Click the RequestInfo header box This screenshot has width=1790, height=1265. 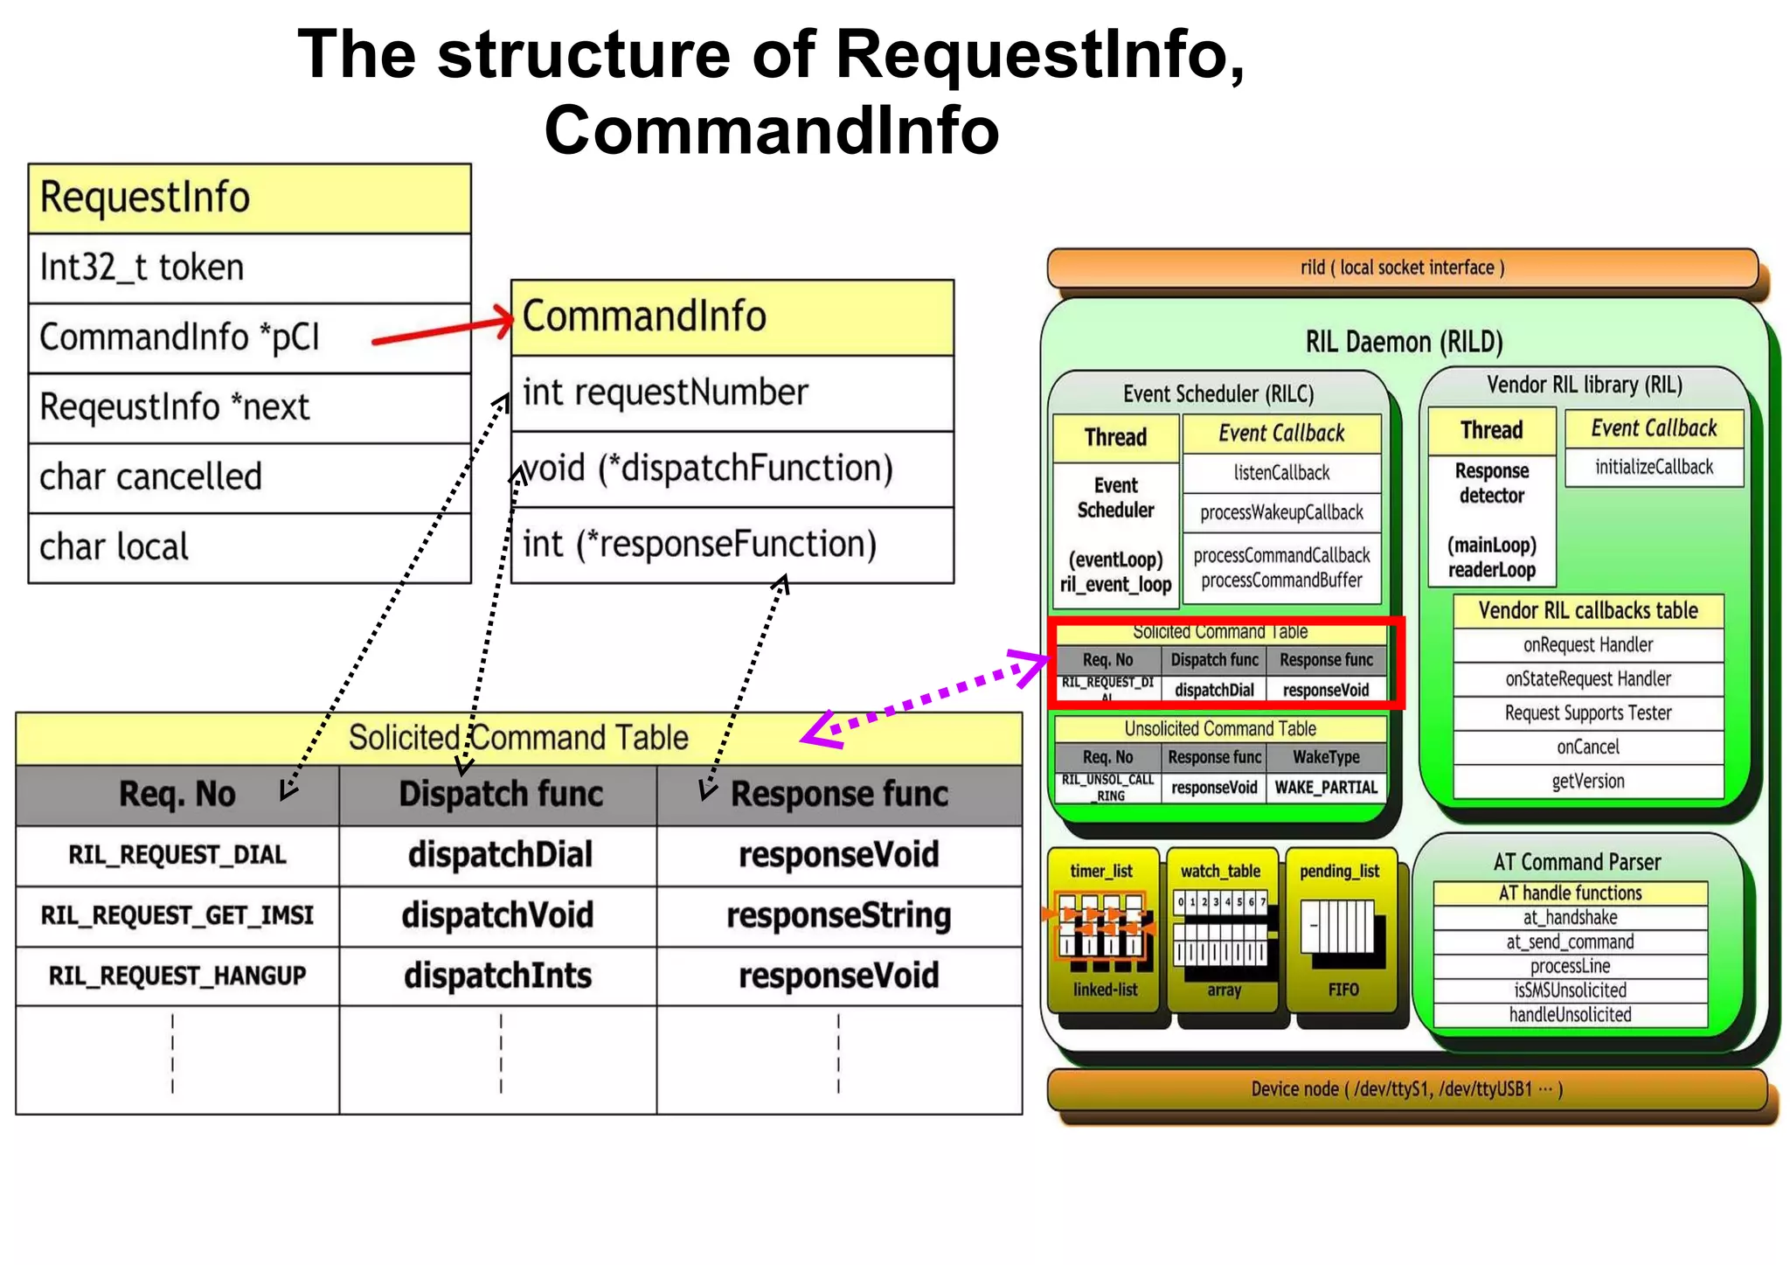pos(249,198)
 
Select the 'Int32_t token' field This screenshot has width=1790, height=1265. pos(249,268)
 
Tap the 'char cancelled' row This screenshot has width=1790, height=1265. pos(249,477)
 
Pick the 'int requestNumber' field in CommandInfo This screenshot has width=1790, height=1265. pos(732,393)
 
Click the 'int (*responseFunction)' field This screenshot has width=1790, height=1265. pos(732,545)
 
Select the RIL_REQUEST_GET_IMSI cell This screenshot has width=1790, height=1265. pos(177,915)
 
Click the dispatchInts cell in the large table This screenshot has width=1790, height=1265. pos(498,976)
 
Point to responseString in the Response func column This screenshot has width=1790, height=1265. pos(839,915)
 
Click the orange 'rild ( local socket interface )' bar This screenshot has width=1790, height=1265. pos(1402,268)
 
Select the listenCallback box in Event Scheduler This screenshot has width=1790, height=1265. pos(1281,473)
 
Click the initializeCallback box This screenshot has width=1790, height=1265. pos(1654,467)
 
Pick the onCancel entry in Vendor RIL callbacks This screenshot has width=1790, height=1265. pos(1587,747)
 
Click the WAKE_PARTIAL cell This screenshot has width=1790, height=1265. pos(1326,788)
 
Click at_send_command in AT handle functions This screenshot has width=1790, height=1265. pos(1570,942)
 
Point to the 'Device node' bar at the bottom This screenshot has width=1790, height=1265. pos(1406,1089)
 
